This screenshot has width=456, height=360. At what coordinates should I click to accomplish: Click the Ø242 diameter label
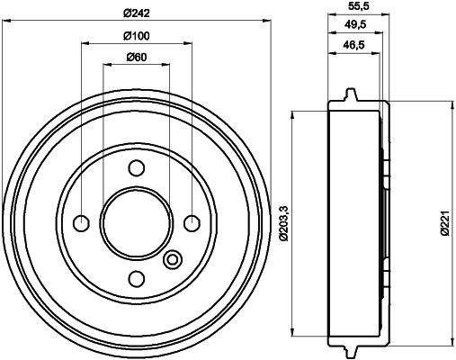(136, 13)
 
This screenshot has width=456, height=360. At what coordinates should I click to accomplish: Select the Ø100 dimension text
(136, 36)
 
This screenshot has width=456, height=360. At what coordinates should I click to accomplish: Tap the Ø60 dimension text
(136, 58)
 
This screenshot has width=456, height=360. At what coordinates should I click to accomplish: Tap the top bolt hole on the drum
(136, 167)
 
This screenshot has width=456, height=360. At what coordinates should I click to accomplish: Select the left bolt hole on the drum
(81, 222)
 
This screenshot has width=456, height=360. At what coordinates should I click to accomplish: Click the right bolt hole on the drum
(191, 222)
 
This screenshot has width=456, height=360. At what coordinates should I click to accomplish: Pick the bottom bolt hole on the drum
(136, 277)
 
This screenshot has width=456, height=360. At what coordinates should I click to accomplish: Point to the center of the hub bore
(136, 222)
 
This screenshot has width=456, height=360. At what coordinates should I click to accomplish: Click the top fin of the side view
(350, 94)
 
